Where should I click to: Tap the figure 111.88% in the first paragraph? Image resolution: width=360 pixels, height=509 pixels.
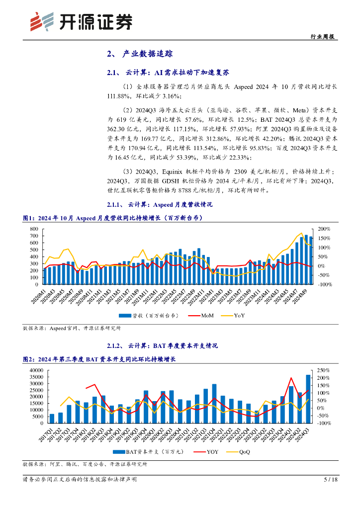(x=120, y=96)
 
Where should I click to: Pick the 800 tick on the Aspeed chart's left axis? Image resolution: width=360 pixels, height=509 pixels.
(x=34, y=229)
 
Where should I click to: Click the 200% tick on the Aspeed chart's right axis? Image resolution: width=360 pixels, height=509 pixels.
(x=324, y=229)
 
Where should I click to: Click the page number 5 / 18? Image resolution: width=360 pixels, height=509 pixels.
(x=330, y=480)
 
